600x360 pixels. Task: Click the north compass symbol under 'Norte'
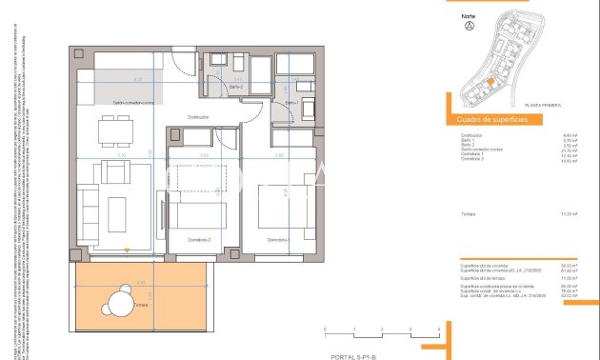[x=468, y=26]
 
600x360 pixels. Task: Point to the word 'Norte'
[x=468, y=15]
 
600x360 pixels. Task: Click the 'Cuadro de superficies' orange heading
[x=486, y=119]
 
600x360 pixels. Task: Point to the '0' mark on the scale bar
[x=326, y=328]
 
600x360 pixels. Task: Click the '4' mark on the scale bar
[x=438, y=328]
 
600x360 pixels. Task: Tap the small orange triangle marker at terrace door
[x=127, y=252]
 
